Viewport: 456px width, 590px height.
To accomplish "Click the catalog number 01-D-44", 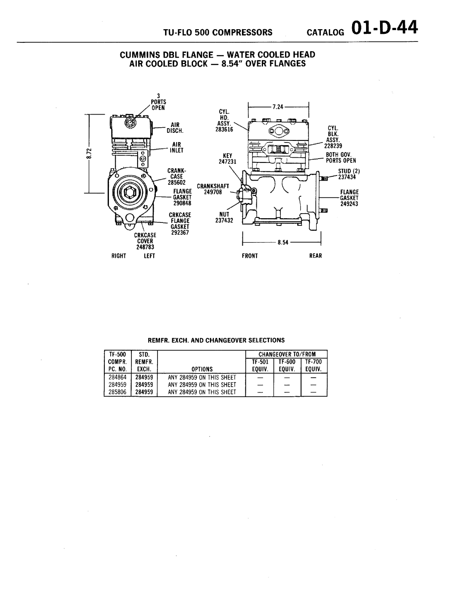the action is pos(385,28).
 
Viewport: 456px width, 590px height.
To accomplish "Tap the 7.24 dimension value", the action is pos(278,107).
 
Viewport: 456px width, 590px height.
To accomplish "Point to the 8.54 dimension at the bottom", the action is pos(283,242).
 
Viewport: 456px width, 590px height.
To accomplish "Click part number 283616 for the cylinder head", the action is pos(224,129).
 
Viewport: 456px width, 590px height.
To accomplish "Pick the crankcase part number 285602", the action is pos(176,182).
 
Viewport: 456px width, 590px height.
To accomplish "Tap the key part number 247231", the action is pos(228,162).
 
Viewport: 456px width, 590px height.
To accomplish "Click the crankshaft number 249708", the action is pos(213,192).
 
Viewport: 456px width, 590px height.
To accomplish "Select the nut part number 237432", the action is pos(224,220).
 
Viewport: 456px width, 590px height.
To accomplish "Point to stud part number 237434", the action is pos(347,177).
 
